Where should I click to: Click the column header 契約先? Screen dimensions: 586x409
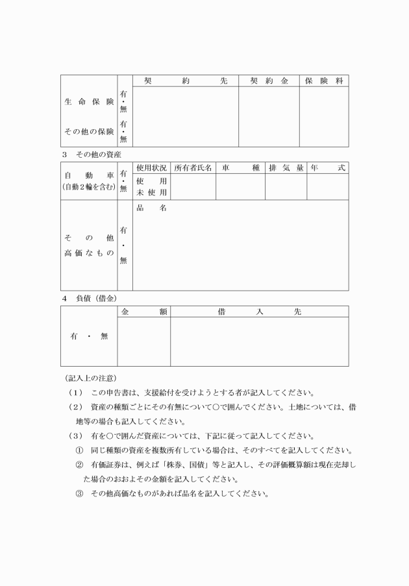(x=185, y=81)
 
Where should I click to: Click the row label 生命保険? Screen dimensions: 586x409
(x=89, y=103)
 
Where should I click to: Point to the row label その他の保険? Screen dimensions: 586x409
(x=89, y=132)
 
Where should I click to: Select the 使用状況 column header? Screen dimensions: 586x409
(x=151, y=168)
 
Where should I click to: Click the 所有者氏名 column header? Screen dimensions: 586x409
(x=193, y=168)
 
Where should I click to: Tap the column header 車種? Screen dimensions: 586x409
(x=240, y=168)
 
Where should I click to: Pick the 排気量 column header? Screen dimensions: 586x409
(x=286, y=168)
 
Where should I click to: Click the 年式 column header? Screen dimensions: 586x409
(x=327, y=168)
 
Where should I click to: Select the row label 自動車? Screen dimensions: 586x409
(x=89, y=175)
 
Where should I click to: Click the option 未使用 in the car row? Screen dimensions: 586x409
(x=151, y=192)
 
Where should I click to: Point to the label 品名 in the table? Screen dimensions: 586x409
(x=151, y=208)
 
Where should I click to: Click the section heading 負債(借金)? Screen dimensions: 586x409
(x=97, y=298)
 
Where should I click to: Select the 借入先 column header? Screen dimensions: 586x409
(x=259, y=311)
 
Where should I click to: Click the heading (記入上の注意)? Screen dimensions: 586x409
(x=90, y=378)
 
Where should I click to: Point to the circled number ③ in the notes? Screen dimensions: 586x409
(x=80, y=493)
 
